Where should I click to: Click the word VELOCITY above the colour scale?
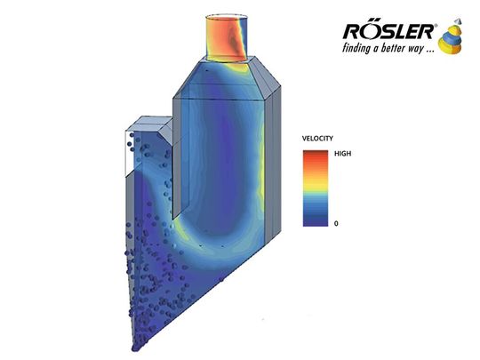pyautogui.click(x=317, y=139)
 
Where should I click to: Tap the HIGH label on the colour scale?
pyautogui.click(x=342, y=154)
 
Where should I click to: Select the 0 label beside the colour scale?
pyautogui.click(x=336, y=223)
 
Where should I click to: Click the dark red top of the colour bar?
pyautogui.click(x=316, y=153)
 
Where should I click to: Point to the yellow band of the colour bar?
pyautogui.click(x=316, y=183)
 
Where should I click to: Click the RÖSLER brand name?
pyautogui.click(x=388, y=31)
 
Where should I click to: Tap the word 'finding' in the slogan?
pyautogui.click(x=356, y=49)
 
